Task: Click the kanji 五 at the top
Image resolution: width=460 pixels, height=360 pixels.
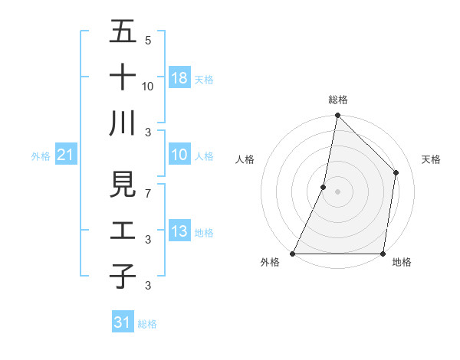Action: click(x=123, y=32)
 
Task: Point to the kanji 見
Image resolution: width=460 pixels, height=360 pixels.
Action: click(x=123, y=185)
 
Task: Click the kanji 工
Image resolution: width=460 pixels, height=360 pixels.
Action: click(x=123, y=231)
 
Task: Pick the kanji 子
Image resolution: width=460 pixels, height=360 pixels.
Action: click(x=123, y=276)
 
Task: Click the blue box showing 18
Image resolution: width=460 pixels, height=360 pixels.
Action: click(x=179, y=78)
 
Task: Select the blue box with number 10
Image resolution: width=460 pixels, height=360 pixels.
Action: click(x=179, y=155)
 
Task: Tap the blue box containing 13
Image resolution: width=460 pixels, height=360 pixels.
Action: click(x=179, y=231)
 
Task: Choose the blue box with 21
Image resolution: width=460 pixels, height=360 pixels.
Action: click(x=65, y=155)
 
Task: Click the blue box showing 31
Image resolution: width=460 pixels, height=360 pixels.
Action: click(x=122, y=322)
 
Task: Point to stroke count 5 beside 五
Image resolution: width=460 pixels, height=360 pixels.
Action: click(x=147, y=40)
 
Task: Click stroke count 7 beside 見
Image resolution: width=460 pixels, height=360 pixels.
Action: click(x=147, y=193)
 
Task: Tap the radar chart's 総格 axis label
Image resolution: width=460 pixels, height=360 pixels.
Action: click(x=337, y=100)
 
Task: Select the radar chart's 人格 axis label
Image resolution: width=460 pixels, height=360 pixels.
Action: click(x=245, y=159)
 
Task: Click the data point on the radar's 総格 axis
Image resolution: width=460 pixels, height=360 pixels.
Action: click(x=337, y=116)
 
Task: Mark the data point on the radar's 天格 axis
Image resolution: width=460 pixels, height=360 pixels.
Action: click(x=396, y=172)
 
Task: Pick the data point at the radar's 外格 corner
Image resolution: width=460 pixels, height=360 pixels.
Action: click(x=293, y=254)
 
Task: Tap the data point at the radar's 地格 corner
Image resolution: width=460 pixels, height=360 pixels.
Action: click(x=383, y=254)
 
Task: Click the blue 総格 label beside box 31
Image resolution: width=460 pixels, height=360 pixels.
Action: click(x=147, y=324)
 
